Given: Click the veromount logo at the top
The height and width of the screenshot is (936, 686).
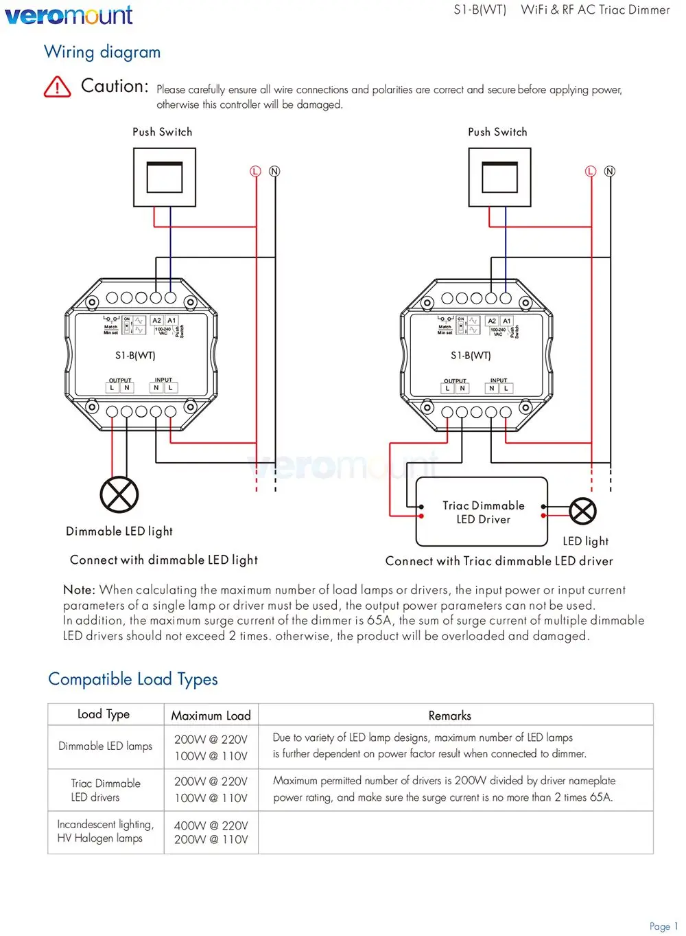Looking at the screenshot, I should (x=69, y=15).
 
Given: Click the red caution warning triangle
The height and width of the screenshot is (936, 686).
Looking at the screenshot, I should (x=57, y=87).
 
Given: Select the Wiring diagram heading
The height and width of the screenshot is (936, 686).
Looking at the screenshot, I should (x=102, y=52).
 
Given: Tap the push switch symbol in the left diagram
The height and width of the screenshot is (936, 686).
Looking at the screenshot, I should (x=165, y=177).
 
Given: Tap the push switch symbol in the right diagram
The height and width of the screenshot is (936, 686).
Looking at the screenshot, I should (x=499, y=177).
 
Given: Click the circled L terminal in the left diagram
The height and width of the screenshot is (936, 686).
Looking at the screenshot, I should (x=256, y=171).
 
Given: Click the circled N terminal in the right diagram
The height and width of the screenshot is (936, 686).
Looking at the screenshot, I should (x=610, y=171).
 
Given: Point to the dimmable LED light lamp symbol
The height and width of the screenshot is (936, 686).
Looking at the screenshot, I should (x=119, y=494).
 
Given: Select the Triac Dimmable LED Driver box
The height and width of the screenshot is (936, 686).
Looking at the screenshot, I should (x=482, y=512).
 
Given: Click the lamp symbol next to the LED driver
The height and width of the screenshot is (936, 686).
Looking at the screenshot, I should (x=583, y=511).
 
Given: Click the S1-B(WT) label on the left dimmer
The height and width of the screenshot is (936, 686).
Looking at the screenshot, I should (x=135, y=356).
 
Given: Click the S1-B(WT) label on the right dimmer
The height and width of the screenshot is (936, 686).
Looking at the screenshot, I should (x=471, y=356).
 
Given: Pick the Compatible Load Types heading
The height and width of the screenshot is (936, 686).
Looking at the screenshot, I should (x=133, y=679).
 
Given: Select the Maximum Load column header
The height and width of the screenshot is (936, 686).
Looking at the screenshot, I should (x=211, y=716).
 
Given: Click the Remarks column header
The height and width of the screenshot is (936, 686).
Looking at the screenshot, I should (x=449, y=716).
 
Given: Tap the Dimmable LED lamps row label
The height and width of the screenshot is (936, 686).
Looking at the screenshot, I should (x=106, y=746).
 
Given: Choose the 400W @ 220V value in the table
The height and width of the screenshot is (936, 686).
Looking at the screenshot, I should (x=211, y=825).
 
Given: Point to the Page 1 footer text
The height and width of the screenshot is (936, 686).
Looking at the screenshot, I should (x=663, y=926).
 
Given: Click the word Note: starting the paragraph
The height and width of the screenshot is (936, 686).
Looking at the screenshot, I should (x=79, y=590).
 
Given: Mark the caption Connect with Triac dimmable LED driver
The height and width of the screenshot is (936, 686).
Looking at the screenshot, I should (x=499, y=561).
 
